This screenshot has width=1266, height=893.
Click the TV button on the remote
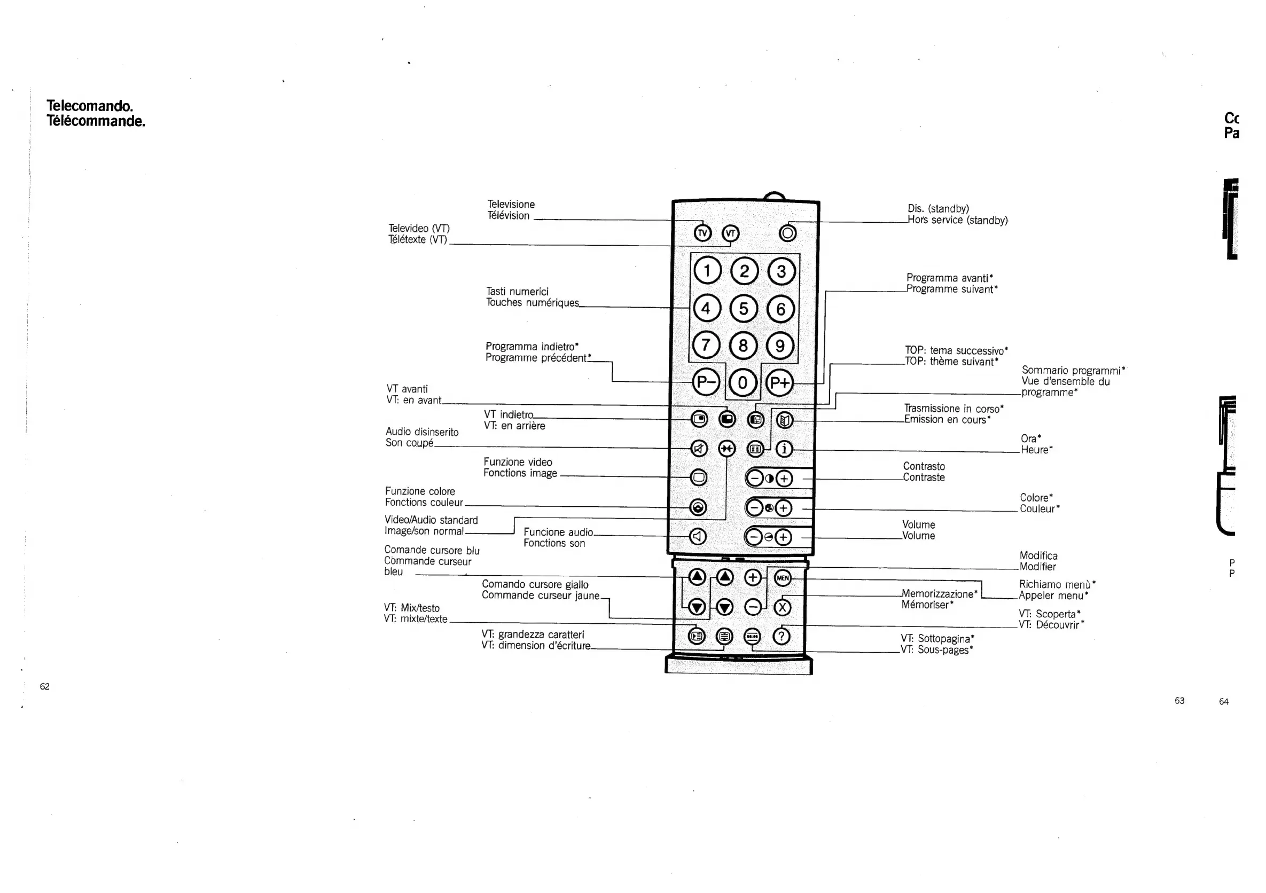click(x=702, y=233)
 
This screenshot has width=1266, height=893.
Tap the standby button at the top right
click(x=787, y=233)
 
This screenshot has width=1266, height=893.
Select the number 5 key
click(x=743, y=309)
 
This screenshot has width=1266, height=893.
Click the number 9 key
click(x=780, y=346)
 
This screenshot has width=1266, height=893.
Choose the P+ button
click(x=780, y=382)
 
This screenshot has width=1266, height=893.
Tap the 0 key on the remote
click(x=743, y=382)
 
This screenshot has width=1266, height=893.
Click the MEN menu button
click(x=783, y=578)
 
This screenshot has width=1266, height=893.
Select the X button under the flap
click(x=783, y=607)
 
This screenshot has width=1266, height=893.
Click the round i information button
click(x=784, y=449)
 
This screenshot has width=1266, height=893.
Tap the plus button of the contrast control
click(x=784, y=479)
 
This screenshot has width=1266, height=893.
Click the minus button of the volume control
click(x=754, y=537)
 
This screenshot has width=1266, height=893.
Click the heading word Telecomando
click(x=90, y=106)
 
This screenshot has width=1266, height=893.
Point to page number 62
click(x=45, y=686)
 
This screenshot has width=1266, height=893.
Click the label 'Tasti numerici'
click(x=517, y=292)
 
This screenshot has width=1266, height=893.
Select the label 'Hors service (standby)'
click(x=958, y=220)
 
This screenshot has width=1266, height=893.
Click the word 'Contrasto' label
click(x=924, y=466)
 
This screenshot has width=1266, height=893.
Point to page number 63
click(x=1179, y=701)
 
